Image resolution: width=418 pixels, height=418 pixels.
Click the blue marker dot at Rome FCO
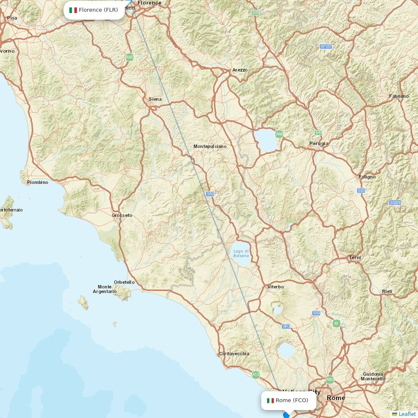(x=286, y=415)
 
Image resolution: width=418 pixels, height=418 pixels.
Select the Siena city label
(x=155, y=99)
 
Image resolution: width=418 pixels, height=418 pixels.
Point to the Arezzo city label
(x=240, y=70)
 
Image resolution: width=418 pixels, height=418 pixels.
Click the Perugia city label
(x=319, y=143)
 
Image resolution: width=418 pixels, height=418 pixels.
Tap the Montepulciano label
(x=210, y=146)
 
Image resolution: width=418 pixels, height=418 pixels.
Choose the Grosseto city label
(x=122, y=215)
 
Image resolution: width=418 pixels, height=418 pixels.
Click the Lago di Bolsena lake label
(x=241, y=253)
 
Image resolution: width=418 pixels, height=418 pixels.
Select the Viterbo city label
(x=275, y=287)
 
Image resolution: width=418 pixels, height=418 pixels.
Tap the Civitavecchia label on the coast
(x=234, y=354)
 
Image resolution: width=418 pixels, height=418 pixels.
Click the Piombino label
(x=38, y=182)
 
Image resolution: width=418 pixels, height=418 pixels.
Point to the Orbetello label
(x=124, y=282)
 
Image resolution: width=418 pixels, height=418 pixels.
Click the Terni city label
(x=355, y=257)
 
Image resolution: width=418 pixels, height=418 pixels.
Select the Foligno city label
(x=367, y=177)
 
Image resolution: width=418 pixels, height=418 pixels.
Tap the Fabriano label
(x=399, y=96)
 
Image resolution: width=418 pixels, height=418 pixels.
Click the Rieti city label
(x=387, y=291)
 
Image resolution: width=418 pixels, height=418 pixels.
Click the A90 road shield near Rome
(x=330, y=380)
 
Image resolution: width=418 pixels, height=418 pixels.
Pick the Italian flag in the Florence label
(x=73, y=10)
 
